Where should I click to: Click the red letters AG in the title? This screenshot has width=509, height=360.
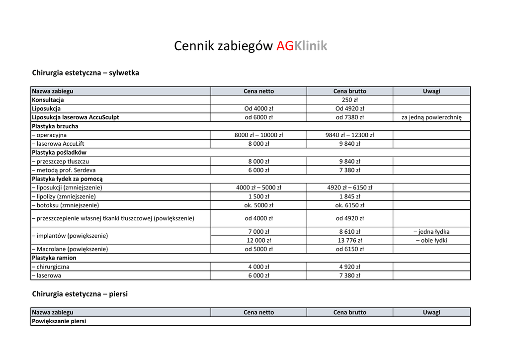285,46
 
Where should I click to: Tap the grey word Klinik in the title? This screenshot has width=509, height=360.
311,46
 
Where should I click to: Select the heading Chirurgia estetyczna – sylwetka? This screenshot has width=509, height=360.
85,73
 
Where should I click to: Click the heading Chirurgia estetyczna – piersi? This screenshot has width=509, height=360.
80,294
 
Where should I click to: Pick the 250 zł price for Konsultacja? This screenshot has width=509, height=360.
349,100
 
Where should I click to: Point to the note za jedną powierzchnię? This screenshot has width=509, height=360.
431,117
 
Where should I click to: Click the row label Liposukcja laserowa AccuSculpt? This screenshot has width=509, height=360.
75,117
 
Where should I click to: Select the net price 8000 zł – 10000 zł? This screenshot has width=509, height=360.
258,135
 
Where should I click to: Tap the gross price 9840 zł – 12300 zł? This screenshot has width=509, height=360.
349,135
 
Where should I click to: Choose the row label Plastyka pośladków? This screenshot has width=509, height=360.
59,152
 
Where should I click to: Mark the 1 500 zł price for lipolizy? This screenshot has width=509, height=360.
258,196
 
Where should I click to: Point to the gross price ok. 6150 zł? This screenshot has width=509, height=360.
349,205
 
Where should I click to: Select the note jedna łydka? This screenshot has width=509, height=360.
431,231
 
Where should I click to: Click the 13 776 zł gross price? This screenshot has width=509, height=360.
349,240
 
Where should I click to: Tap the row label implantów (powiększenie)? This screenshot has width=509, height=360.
70,236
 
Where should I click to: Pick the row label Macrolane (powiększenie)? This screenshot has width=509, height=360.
70,249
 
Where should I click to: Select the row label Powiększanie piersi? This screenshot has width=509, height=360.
59,321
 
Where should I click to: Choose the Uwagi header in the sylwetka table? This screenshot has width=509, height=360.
431,91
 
